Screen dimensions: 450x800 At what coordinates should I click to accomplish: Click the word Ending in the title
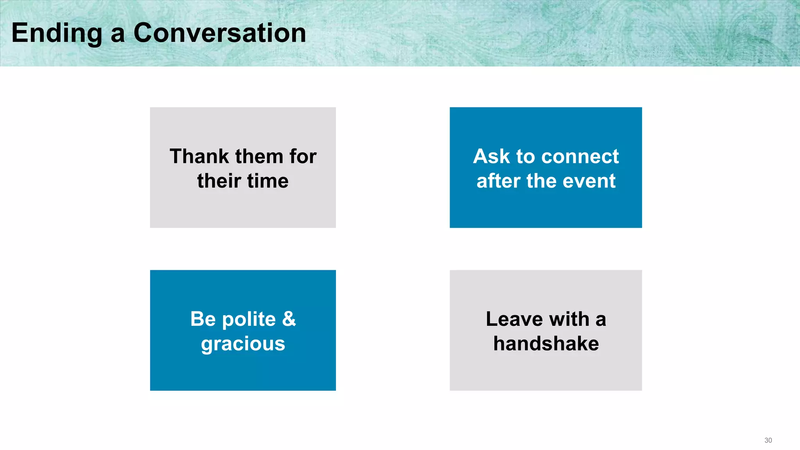pos(57,34)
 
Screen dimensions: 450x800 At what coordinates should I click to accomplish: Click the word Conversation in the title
pos(220,33)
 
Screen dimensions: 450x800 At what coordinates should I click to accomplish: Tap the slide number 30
pos(768,440)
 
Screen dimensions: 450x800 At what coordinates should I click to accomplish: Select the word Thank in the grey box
pos(199,157)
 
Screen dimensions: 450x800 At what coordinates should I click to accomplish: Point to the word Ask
pos(491,157)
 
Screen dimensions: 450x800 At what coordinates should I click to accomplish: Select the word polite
pos(249,320)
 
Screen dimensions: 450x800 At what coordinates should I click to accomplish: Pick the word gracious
pos(243,344)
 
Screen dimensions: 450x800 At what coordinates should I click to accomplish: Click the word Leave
pos(515,319)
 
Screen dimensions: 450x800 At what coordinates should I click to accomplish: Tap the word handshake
pos(546,344)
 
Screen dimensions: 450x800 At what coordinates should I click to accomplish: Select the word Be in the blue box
pos(203,319)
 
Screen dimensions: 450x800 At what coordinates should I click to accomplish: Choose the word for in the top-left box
pos(303,157)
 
